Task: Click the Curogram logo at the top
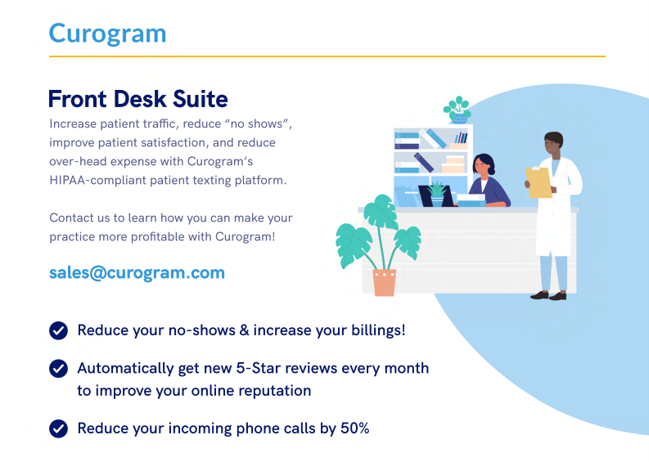tap(107, 34)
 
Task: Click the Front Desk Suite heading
tap(137, 99)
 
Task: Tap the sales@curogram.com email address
tap(137, 273)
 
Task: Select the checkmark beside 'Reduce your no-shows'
tap(58, 330)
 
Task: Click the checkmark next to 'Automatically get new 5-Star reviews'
tap(58, 368)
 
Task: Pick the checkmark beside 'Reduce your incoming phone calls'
tap(58, 428)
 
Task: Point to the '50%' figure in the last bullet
tap(354, 428)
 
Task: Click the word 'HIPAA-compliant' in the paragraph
tap(97, 181)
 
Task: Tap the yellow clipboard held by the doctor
tap(538, 182)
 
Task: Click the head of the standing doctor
tap(553, 144)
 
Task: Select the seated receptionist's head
tap(484, 164)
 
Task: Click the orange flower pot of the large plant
tap(385, 282)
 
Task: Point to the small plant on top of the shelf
tap(457, 110)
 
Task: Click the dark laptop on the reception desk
tap(435, 196)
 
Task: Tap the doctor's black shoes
tap(548, 295)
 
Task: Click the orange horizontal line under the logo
tap(327, 56)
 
